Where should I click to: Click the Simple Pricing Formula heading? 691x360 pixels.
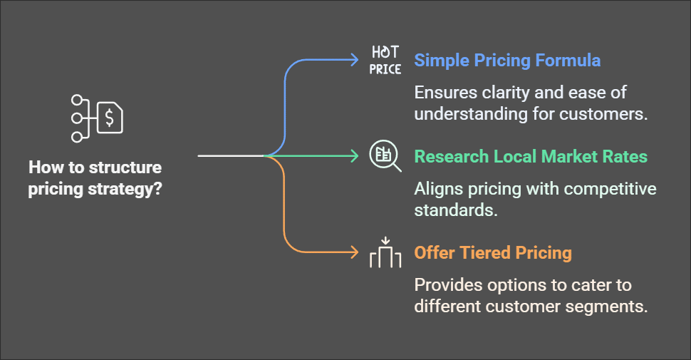507,61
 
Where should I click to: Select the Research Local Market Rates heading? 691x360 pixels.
531,157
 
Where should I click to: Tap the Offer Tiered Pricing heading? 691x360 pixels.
493,253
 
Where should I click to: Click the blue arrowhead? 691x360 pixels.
353,60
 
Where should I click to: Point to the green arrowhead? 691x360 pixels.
353,155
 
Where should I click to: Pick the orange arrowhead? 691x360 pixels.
353,252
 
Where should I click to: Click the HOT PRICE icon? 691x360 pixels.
385,60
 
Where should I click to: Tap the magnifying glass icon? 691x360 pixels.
385,155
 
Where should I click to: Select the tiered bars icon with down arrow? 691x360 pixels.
385,253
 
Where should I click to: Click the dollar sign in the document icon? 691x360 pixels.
109,118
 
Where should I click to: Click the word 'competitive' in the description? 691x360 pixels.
610,189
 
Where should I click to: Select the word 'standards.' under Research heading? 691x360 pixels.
456,210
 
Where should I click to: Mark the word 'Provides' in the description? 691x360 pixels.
449,285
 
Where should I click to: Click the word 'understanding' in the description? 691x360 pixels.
471,114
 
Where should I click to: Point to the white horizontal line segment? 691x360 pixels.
231,155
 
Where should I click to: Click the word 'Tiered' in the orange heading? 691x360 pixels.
486,253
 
